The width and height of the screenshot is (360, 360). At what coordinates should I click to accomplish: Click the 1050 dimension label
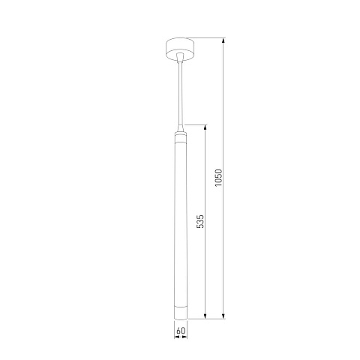(218, 178)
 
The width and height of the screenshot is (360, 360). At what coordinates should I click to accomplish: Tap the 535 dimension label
(200, 221)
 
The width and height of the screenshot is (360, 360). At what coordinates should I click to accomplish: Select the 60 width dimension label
(181, 331)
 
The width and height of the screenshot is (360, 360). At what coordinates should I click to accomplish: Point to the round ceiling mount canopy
(181, 49)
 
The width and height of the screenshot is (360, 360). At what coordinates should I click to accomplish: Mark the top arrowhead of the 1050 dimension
(223, 40)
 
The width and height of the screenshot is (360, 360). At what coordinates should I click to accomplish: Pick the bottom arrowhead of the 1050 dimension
(223, 316)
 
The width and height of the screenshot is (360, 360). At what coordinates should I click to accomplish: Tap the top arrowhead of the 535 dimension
(205, 127)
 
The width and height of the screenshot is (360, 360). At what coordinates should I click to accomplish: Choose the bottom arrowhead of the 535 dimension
(205, 316)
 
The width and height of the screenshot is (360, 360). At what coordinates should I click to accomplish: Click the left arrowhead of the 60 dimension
(177, 337)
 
